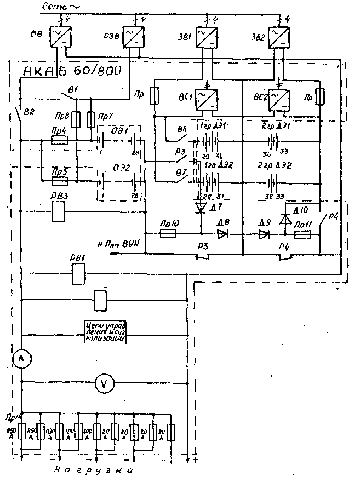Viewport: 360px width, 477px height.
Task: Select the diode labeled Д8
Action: pos(222,234)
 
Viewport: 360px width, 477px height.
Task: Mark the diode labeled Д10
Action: pos(285,219)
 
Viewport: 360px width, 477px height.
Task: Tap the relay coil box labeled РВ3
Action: pos(59,211)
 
